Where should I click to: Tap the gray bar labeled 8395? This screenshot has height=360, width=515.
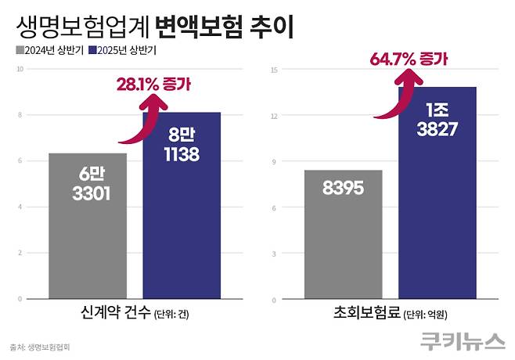point(344,234)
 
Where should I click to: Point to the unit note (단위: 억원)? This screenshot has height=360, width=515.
point(430,315)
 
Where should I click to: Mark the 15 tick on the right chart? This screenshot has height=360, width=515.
point(275,69)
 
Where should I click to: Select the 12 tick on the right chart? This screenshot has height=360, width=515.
point(275,115)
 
